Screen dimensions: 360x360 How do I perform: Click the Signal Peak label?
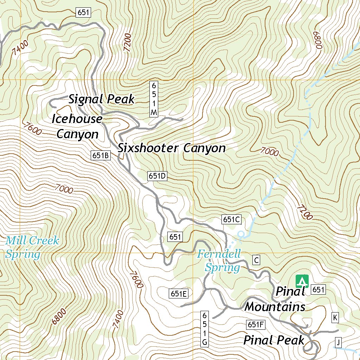tap(101, 99)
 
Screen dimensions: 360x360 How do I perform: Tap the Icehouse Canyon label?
tap(77, 126)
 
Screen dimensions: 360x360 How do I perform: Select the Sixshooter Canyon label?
tap(172, 148)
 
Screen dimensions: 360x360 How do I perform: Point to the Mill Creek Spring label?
tap(32, 247)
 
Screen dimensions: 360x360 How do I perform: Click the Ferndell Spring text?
tap(219, 261)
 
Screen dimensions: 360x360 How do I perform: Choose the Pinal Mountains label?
tap(275, 299)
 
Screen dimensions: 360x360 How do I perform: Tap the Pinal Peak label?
tap(274, 340)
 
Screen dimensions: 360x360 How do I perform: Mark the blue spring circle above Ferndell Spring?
tap(241, 234)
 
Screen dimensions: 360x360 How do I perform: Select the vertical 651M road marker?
tap(153, 99)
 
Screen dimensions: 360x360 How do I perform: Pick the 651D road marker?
tap(157, 176)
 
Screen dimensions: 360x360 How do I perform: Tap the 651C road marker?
tap(231, 219)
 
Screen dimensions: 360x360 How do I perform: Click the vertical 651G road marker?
tap(205, 328)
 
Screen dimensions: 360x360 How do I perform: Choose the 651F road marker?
tap(255, 324)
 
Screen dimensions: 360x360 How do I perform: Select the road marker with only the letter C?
tap(257, 260)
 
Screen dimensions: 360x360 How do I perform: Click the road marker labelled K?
tap(335, 318)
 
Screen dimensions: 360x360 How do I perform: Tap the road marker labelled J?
tap(338, 342)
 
